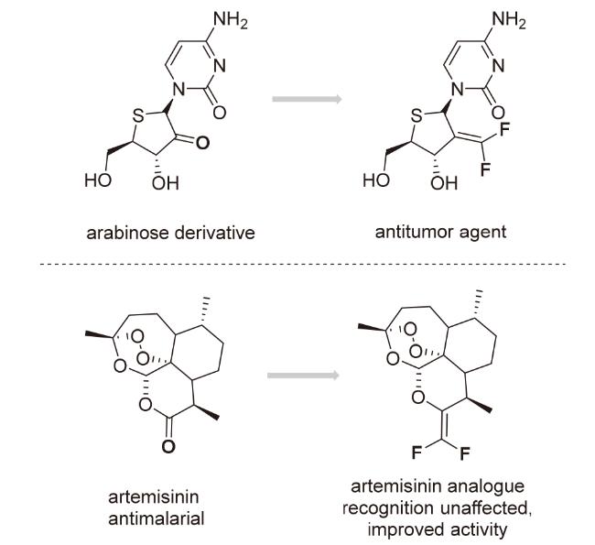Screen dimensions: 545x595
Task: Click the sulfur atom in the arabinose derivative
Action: [x=136, y=118]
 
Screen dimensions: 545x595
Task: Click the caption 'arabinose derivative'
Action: [x=166, y=233]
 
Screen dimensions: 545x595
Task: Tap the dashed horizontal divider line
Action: [x=297, y=264]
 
